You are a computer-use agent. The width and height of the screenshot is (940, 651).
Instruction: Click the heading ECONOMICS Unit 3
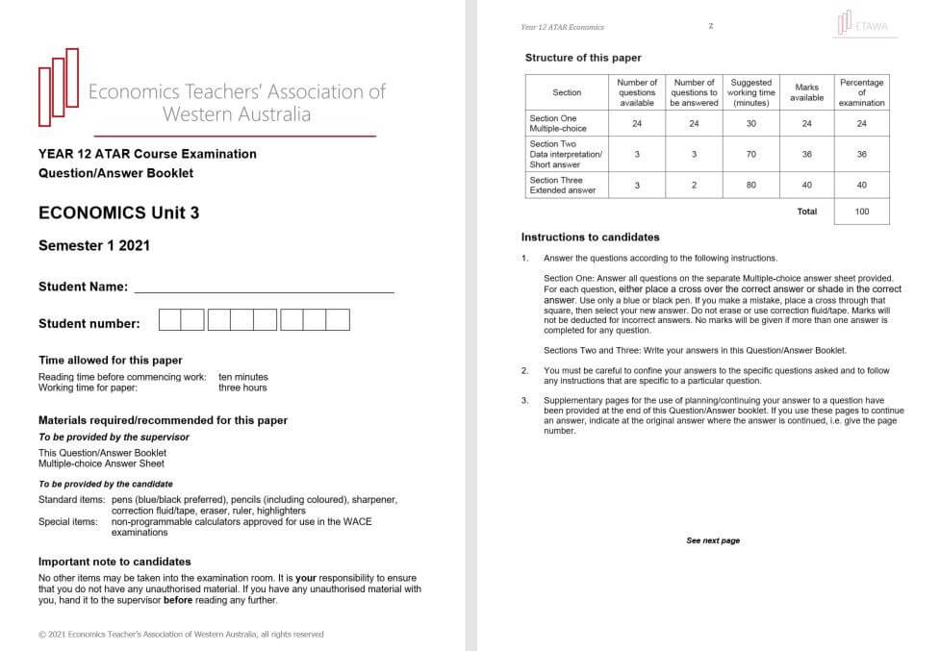point(118,213)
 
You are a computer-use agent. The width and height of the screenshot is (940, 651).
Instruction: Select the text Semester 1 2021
point(94,245)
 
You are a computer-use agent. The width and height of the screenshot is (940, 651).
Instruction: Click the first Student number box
point(169,320)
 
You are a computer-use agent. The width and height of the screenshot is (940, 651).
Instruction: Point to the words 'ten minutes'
point(243,377)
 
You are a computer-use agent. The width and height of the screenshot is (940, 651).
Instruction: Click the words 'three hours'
point(242,388)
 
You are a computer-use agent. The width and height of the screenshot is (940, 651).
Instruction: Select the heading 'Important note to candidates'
point(114,561)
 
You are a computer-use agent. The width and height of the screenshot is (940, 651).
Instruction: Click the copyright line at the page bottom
point(181,634)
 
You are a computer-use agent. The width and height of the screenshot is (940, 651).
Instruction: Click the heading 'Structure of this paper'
point(583,58)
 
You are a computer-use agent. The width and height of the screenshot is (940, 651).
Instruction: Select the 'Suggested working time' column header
point(750,92)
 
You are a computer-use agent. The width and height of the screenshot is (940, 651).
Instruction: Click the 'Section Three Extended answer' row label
point(563,185)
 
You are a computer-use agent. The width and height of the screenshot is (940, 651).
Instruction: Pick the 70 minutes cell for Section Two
point(750,154)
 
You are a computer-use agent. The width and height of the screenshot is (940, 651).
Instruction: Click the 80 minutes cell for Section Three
point(750,185)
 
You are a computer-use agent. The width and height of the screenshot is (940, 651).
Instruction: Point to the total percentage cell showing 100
point(861,212)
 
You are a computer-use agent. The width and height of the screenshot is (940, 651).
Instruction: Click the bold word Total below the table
point(806,212)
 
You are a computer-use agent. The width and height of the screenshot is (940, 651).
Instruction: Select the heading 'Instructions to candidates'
point(590,237)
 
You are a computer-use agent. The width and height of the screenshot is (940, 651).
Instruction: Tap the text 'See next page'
point(713,540)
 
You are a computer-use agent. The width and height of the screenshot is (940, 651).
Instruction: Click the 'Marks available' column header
point(806,92)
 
